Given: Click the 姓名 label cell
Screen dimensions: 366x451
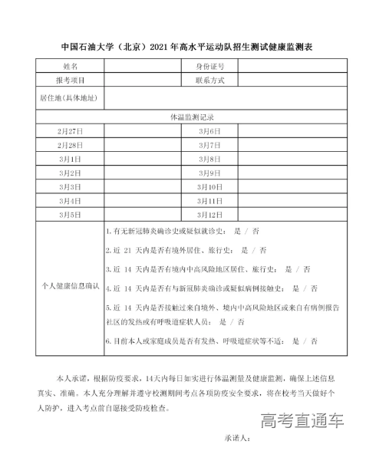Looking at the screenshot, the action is click(69, 67).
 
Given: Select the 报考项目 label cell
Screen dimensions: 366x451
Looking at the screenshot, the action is click(69, 80).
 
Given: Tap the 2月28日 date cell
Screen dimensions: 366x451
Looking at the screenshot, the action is click(69, 145).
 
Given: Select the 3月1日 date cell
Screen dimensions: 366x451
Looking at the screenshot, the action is click(69, 159).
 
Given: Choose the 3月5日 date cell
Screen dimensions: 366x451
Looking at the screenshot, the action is click(69, 214).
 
